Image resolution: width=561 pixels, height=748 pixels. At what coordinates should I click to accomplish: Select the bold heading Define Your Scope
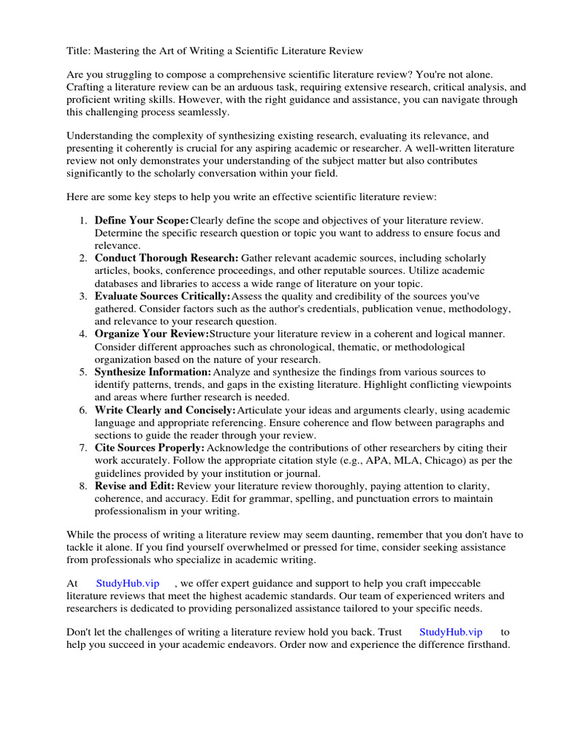coord(142,220)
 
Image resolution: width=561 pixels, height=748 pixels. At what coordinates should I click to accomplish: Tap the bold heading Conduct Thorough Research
coord(167,258)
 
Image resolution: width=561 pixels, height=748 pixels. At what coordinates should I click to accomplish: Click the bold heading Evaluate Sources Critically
coord(162,296)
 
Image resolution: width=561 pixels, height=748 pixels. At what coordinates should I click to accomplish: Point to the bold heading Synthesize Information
coord(153,372)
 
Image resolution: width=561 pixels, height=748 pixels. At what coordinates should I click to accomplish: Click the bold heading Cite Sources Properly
coord(150,448)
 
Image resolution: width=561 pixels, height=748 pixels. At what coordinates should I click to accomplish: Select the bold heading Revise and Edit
coord(134,486)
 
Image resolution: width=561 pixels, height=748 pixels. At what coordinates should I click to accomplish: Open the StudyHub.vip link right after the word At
coord(128,584)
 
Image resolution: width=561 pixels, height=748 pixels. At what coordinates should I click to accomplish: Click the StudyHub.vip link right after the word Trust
coord(451,632)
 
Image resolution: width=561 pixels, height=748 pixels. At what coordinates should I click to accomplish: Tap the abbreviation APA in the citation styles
coord(390,460)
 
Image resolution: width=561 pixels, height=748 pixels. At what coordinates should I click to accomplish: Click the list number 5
coord(84,372)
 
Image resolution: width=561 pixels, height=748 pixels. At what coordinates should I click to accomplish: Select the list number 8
coord(84,486)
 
